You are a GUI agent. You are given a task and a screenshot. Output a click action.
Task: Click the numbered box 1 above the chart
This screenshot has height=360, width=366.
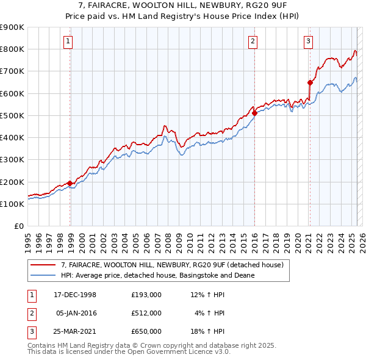(67, 41)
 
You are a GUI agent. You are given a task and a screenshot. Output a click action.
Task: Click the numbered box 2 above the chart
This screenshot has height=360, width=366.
(252, 41)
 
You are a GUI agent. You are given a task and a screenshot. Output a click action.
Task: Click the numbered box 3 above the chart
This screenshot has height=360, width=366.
(309, 41)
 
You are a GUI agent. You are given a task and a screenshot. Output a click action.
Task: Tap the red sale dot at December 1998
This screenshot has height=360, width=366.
(70, 183)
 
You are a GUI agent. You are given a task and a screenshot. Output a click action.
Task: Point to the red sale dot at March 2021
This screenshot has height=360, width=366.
(310, 82)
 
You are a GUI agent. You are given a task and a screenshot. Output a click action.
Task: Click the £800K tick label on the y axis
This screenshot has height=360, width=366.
(12, 49)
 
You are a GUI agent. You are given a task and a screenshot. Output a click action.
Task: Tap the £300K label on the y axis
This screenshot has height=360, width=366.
(12, 159)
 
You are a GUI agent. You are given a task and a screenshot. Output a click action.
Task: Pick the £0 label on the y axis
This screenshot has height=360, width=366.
(18, 226)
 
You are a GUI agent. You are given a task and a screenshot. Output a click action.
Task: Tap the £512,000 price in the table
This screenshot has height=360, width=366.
(146, 313)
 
